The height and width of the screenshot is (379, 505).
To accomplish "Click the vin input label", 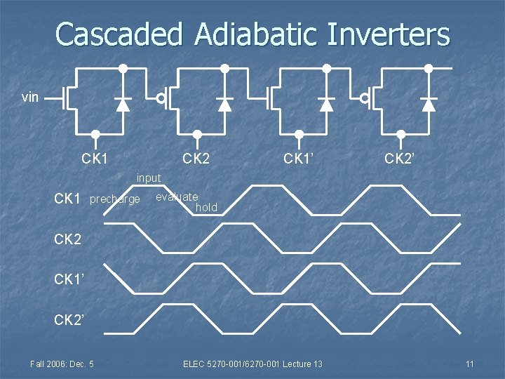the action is point(30,98).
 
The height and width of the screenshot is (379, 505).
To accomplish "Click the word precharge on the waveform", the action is point(115,200).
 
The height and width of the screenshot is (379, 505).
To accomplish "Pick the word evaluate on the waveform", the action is point(177,197).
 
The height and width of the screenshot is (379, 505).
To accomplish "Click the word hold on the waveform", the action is point(207,208).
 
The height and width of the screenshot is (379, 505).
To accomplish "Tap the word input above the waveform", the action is point(149,178).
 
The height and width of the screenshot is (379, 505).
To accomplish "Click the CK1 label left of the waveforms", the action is point(67,199).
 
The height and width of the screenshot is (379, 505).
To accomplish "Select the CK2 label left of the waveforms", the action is point(67,239).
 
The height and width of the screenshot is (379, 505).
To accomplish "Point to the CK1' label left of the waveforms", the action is point(69,280).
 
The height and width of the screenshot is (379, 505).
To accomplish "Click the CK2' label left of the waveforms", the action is point(69,320).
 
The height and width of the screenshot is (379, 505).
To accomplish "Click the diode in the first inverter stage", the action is point(123,104).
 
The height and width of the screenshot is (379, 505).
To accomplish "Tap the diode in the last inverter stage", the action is point(429,104).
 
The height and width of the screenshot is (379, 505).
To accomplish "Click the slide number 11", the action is point(469,364).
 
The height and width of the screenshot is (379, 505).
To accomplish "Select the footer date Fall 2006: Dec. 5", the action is point(62,364).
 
